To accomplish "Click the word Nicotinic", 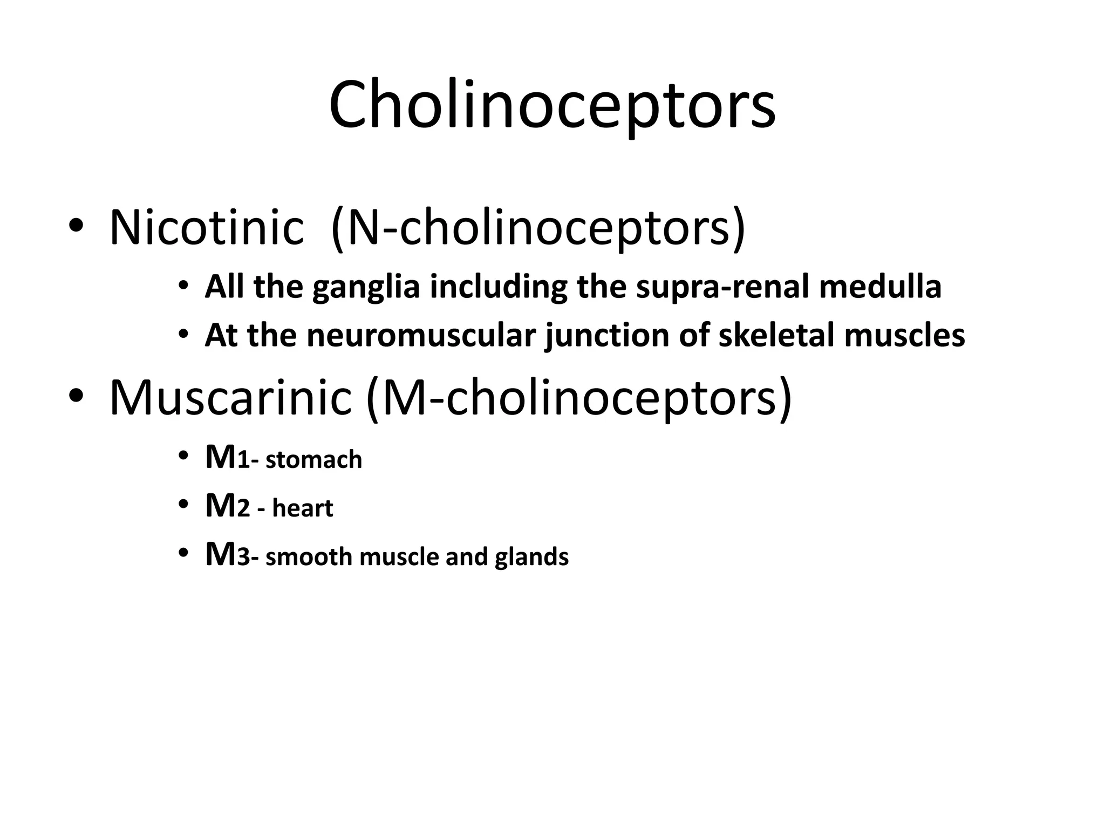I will tap(207, 228).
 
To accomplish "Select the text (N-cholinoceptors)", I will tap(538, 228).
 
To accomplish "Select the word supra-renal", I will tap(722, 287).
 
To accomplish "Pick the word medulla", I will tap(880, 287).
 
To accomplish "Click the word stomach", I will tap(313, 460).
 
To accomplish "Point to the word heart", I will tap(302, 508).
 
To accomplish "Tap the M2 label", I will tap(227, 507).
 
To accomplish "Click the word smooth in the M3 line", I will tap(309, 557).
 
